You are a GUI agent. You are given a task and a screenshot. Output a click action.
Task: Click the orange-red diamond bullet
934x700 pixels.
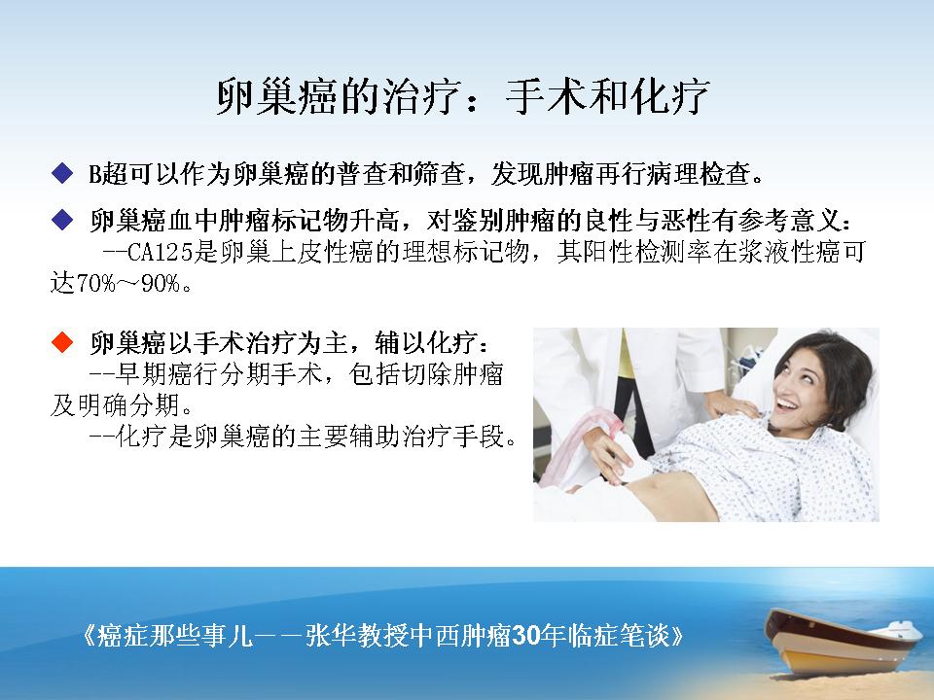pyautogui.click(x=62, y=342)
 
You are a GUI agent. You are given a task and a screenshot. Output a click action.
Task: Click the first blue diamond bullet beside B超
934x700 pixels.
pyautogui.click(x=62, y=174)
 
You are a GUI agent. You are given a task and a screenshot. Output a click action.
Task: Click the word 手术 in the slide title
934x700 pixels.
pyautogui.click(x=545, y=96)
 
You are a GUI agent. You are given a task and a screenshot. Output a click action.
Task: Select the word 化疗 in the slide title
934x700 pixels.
pyautogui.click(x=670, y=96)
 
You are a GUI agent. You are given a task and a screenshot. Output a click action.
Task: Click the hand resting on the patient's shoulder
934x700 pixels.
pyautogui.click(x=730, y=404)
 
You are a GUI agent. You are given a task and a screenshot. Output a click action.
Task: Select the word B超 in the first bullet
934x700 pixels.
pyautogui.click(x=102, y=174)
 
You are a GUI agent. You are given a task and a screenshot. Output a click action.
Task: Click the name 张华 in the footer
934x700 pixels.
pyautogui.click(x=331, y=636)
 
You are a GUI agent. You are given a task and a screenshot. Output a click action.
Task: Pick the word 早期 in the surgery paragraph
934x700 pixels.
pyautogui.click(x=140, y=374)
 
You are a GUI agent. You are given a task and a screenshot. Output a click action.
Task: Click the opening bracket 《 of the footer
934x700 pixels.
pyautogui.click(x=87, y=636)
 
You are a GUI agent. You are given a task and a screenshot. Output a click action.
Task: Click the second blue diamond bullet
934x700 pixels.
pyautogui.click(x=62, y=222)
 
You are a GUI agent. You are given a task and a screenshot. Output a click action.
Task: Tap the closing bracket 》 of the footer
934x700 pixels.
pyautogui.click(x=677, y=636)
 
